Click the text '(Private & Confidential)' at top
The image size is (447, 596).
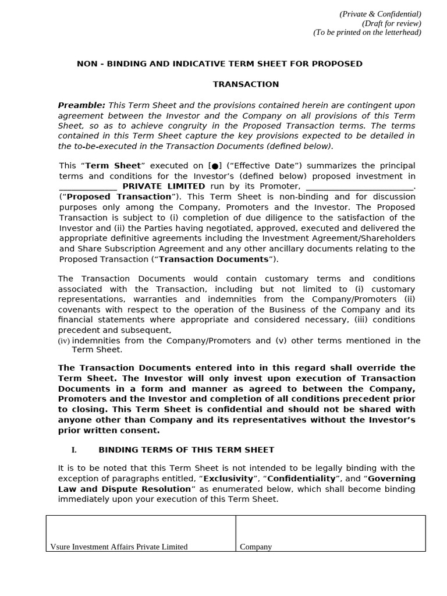click(x=380, y=14)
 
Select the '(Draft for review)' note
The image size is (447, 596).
click(x=391, y=23)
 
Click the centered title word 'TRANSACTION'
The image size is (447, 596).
click(x=246, y=84)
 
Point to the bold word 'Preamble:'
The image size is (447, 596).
click(x=81, y=105)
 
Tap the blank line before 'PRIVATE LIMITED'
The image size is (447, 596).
click(x=88, y=186)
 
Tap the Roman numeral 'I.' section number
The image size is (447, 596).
click(x=74, y=450)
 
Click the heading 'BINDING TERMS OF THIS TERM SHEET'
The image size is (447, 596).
click(x=186, y=450)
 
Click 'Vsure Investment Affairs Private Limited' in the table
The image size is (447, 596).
click(x=119, y=547)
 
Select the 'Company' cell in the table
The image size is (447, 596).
click(x=256, y=547)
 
